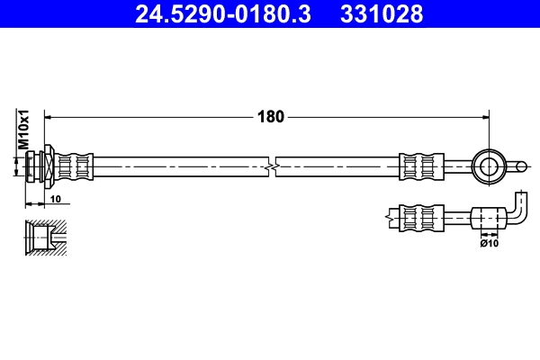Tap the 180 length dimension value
point(271,116)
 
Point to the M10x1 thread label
point(25,130)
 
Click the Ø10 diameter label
point(489,242)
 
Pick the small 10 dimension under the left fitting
point(55,198)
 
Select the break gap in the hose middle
point(273,166)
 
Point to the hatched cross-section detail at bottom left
point(46,238)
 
